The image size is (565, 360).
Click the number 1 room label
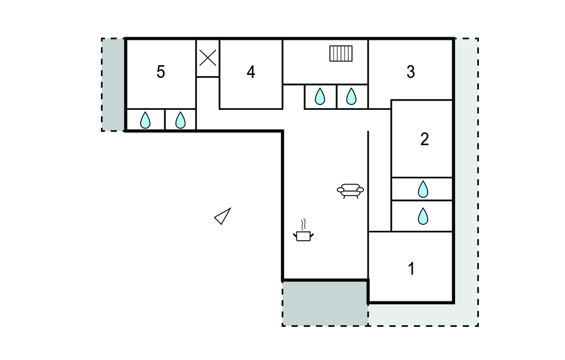tap(411, 269)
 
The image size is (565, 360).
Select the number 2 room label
tap(424, 139)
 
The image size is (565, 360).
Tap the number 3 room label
tap(411, 72)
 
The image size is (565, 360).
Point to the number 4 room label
tap(251, 72)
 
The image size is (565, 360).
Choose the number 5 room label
tap(161, 72)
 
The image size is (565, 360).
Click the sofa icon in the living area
tap(350, 190)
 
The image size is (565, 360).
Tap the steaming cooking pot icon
tap(303, 235)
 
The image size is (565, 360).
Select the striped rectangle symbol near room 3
tap(341, 54)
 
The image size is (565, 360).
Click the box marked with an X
tap(207, 57)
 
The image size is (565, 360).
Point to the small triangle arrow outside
tap(223, 216)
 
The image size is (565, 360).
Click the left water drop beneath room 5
tap(145, 120)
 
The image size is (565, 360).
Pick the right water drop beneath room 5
tap(180, 120)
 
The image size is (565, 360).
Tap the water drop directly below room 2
tap(423, 189)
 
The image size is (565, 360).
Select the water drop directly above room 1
tap(423, 216)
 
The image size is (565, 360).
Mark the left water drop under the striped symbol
tap(320, 97)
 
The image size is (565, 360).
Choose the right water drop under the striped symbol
tap(351, 97)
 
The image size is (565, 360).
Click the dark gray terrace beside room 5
tap(114, 84)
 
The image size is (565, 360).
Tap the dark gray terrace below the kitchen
tap(325, 303)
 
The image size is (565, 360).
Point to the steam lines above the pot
tap(303, 224)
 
